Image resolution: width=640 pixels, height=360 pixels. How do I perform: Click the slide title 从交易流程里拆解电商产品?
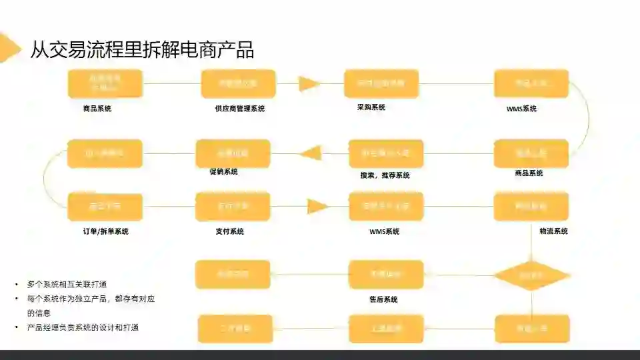tap(141, 49)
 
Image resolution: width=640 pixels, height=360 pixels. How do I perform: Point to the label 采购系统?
tap(371, 107)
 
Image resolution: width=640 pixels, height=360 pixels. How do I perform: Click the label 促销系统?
tap(223, 171)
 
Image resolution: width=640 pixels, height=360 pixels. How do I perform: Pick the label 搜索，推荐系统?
tap(385, 175)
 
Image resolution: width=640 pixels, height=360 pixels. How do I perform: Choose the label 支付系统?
tap(229, 231)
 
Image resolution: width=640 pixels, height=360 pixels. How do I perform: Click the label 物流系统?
tap(553, 231)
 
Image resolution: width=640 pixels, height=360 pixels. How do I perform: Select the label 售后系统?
tap(383, 299)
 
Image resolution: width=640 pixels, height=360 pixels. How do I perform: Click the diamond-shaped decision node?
tap(531, 275)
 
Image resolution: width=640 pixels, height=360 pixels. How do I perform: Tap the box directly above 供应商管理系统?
tap(238, 84)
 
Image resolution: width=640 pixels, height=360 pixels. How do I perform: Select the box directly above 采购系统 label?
tap(381, 84)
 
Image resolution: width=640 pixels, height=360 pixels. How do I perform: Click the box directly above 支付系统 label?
tap(233, 207)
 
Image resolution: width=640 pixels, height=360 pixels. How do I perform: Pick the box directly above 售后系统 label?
tap(386, 275)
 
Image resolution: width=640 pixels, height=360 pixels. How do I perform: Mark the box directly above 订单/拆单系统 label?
tap(105, 207)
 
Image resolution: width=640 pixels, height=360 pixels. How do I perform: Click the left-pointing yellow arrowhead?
tap(310, 153)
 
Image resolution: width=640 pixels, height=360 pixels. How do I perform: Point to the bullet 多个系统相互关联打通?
tap(67, 283)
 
